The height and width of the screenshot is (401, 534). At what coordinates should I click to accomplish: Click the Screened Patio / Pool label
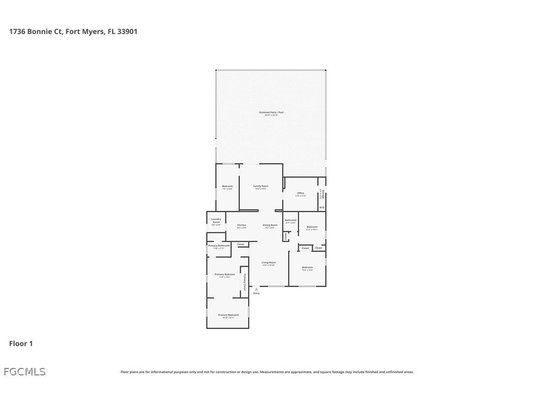271,112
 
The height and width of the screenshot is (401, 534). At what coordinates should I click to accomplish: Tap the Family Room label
261,186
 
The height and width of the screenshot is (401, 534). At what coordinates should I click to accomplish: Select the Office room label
300,193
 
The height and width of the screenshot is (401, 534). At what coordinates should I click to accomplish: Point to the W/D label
322,208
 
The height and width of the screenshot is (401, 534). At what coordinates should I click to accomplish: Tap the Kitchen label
241,225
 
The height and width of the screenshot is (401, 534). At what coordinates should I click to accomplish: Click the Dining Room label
270,225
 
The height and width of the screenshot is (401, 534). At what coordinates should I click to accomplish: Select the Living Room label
268,263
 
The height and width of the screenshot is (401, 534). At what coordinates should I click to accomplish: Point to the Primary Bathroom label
219,245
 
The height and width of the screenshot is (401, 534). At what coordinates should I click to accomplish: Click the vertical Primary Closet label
244,282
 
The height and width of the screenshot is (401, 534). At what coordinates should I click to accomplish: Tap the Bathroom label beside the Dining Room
291,220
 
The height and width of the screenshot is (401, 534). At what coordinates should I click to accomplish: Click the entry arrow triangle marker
256,289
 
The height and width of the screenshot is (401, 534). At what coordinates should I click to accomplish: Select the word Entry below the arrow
256,294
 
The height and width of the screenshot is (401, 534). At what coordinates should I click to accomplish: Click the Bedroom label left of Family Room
227,186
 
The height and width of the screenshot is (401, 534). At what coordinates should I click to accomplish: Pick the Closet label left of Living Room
240,244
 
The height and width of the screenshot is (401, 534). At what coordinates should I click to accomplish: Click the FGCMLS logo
25,372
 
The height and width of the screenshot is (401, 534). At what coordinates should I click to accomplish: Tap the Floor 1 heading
21,343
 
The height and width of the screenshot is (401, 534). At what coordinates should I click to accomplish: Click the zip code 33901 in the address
127,32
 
